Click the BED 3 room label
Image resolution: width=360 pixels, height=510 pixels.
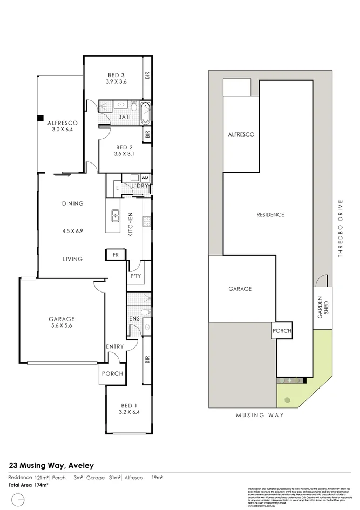pos(117,74)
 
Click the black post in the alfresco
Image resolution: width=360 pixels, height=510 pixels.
pos(39,118)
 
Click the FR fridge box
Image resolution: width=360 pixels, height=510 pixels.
pos(116,254)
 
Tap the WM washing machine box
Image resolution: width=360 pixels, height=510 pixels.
pos(144,178)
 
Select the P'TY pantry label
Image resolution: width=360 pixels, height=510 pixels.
pos(135,276)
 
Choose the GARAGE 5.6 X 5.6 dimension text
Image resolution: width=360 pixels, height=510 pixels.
pos(61,326)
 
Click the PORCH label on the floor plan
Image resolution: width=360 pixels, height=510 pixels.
pos(112,373)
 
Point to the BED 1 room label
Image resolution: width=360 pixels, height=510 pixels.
pos(127,405)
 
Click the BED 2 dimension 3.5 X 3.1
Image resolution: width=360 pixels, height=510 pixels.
pos(124,154)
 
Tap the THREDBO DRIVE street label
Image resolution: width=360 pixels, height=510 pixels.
pos(341,229)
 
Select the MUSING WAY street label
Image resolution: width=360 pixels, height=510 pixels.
pos(260,415)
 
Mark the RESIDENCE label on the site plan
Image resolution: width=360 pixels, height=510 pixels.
pos(270,215)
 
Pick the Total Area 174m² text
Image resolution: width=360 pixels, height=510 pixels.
pos(28,485)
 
